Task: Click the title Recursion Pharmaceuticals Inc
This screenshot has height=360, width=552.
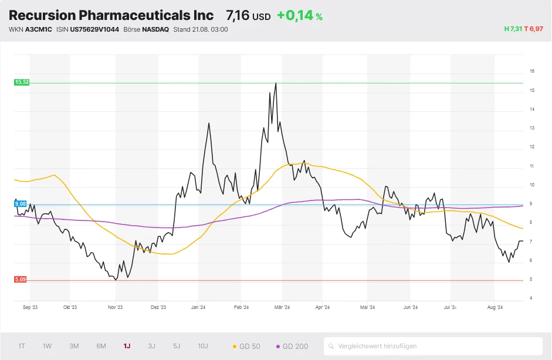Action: point(111,16)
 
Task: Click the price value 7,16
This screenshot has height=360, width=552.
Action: point(238,16)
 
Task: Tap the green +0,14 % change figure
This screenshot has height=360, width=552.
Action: point(299,16)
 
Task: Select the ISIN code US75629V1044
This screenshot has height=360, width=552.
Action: point(94,29)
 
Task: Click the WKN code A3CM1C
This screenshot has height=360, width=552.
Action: point(39,29)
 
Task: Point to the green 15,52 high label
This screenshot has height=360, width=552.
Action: point(22,82)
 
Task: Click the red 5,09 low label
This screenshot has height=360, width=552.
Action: point(21,280)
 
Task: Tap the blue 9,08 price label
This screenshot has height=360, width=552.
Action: point(21,203)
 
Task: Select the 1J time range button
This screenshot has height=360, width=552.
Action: point(127,346)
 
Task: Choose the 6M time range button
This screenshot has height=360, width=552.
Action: point(101,346)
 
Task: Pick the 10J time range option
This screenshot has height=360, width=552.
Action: point(203,346)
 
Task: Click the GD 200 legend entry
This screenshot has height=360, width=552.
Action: point(292,346)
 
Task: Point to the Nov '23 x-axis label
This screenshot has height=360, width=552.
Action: point(115,307)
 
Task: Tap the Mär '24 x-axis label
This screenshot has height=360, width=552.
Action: point(282,307)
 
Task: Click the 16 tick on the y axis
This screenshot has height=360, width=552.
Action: point(531,71)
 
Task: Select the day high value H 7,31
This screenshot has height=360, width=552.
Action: point(513,29)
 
